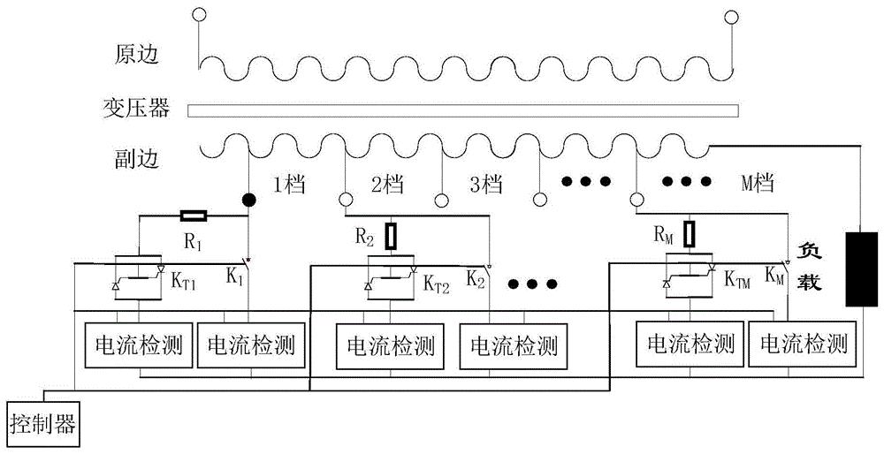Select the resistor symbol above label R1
pyautogui.click(x=194, y=215)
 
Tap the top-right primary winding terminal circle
pyautogui.click(x=730, y=14)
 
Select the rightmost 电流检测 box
pyautogui.click(x=804, y=343)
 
